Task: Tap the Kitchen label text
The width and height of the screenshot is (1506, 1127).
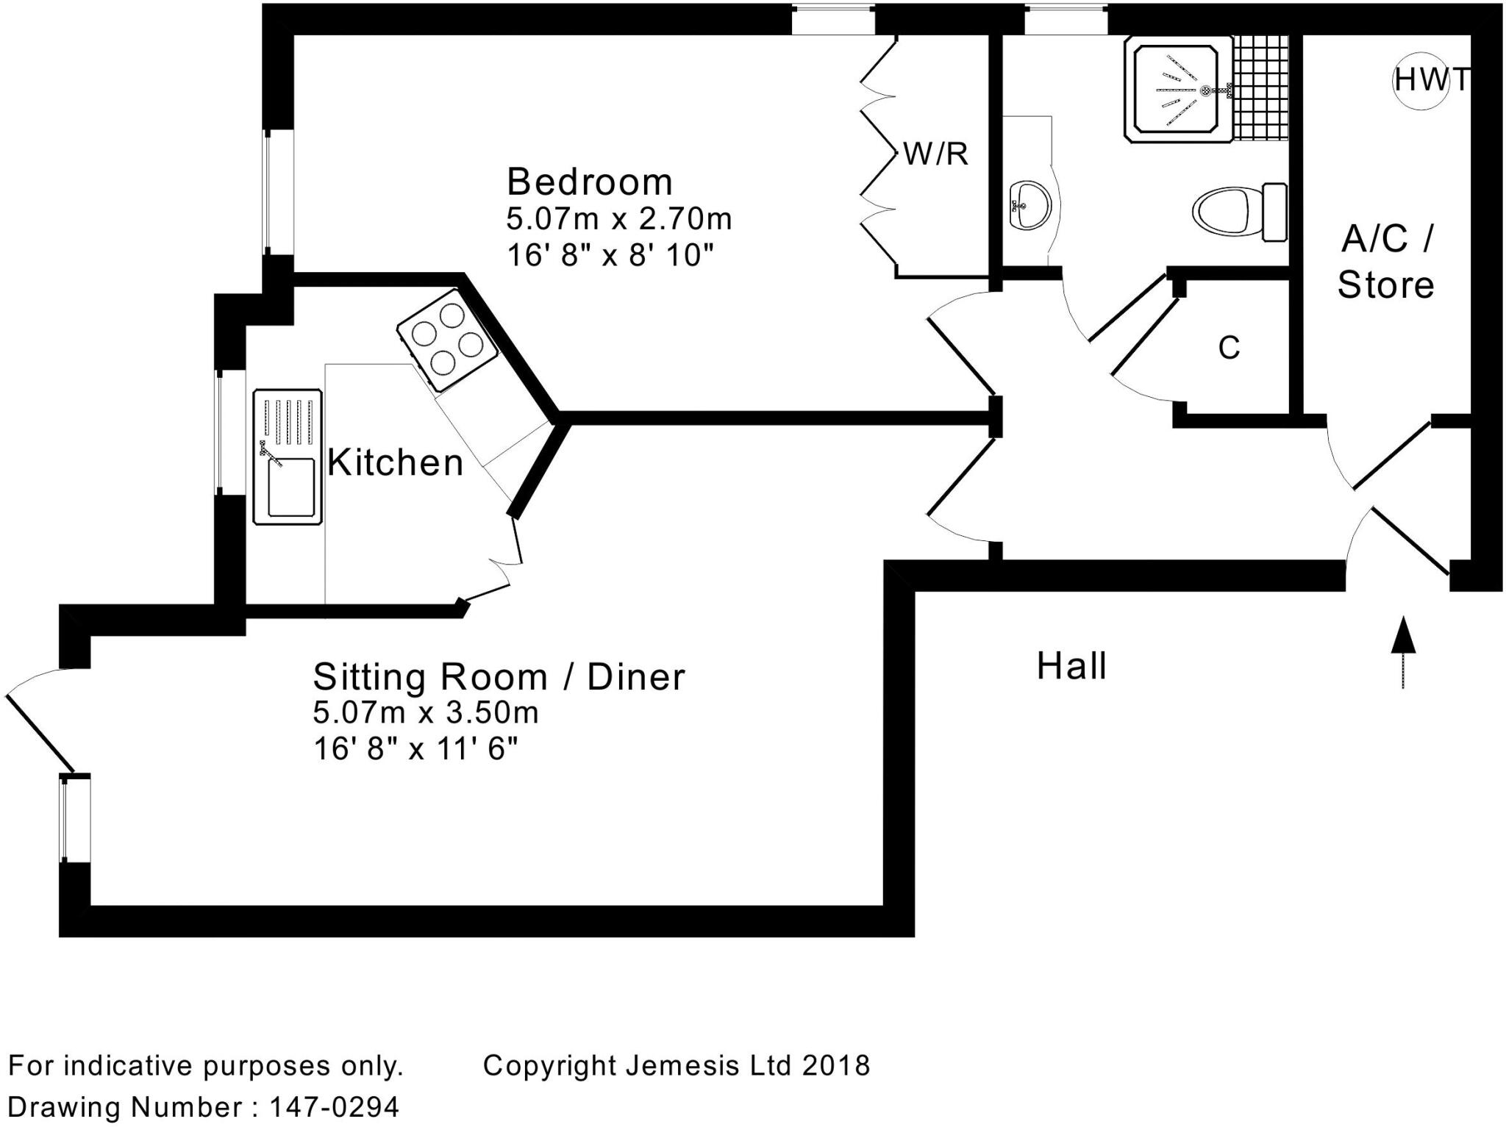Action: pyautogui.click(x=395, y=463)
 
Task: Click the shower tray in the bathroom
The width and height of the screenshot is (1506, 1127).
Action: pyautogui.click(x=1177, y=90)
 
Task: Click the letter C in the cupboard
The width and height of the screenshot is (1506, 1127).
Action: pyautogui.click(x=1229, y=348)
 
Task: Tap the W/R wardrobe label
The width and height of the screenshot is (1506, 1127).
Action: pyautogui.click(x=935, y=154)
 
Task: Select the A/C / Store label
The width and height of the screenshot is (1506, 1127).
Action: pyautogui.click(x=1386, y=262)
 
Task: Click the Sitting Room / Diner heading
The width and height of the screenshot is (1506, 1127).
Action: pyautogui.click(x=499, y=677)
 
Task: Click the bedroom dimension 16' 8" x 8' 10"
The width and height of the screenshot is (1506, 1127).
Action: pyautogui.click(x=610, y=256)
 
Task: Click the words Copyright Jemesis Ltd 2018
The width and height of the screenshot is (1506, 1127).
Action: pyautogui.click(x=676, y=1065)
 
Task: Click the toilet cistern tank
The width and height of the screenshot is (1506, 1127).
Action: pyautogui.click(x=1274, y=212)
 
